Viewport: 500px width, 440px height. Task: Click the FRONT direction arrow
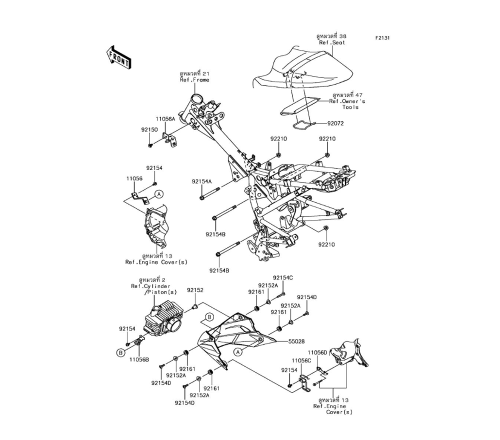pos(118,57)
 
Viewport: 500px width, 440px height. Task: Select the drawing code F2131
pos(383,37)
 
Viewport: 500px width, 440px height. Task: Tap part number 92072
pos(335,123)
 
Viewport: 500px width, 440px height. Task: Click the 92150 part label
pos(149,129)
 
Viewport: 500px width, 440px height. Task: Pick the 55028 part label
pos(296,342)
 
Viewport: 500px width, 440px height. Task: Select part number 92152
pos(195,290)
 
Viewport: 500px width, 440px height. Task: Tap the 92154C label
pos(282,277)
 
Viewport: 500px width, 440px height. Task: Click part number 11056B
pos(139,359)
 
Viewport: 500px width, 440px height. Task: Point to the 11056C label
pos(301,360)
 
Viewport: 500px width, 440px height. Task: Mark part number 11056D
pos(317,352)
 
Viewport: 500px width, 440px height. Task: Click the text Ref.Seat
pos(332,43)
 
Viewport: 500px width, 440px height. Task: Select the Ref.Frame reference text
pos(194,80)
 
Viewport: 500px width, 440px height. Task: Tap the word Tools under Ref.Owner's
pos(350,107)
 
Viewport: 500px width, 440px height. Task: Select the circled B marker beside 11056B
pos(120,353)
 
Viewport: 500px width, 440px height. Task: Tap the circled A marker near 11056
pos(158,193)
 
